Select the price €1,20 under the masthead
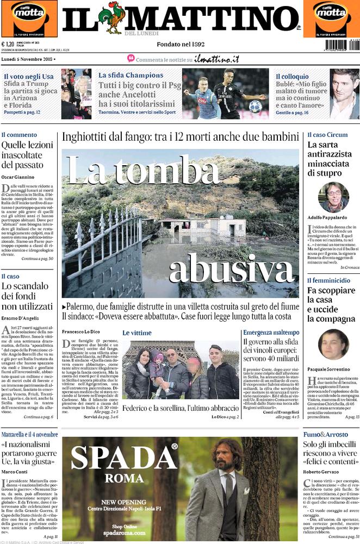tap(8, 45)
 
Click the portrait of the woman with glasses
tap(333, 197)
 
